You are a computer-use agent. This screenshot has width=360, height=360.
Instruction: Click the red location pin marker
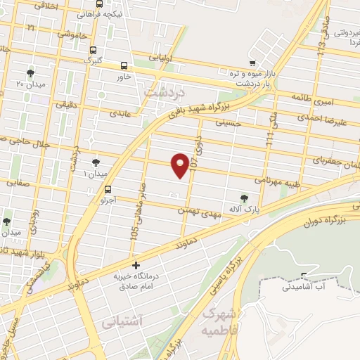click(181, 165)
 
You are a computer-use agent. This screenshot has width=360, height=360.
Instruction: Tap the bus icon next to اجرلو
click(108, 189)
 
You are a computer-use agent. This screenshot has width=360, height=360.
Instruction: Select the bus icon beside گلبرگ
click(93, 50)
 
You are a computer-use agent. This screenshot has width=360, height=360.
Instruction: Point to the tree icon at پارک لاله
click(244, 198)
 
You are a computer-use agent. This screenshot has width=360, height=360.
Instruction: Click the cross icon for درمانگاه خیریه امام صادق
click(136, 266)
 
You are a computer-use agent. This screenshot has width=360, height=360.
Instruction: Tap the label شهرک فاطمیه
click(220, 320)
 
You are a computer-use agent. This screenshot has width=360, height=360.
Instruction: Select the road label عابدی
click(118, 112)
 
